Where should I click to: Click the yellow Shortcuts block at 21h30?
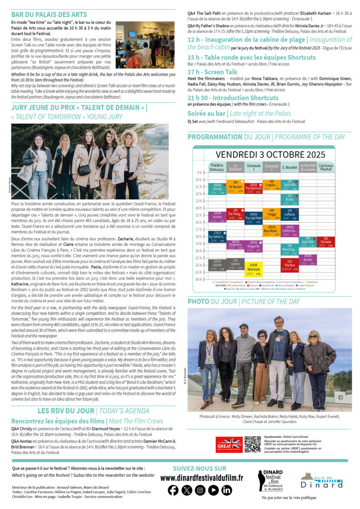pos(253,269)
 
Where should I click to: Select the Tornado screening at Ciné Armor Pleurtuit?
pos(326,242)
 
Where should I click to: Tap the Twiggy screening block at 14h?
pos(271,215)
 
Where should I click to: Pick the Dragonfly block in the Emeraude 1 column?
pos(253,246)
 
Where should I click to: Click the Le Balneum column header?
pos(235,167)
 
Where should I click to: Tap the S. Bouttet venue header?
pos(289,167)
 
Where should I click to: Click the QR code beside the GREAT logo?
pos(252,444)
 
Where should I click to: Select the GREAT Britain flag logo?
pos(229,444)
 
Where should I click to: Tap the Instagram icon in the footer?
pos(200,490)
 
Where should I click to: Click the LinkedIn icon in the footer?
pos(227,490)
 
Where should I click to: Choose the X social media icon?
pos(186,490)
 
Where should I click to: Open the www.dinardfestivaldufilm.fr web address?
pos(201,478)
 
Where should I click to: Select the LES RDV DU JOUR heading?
pos(66,411)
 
